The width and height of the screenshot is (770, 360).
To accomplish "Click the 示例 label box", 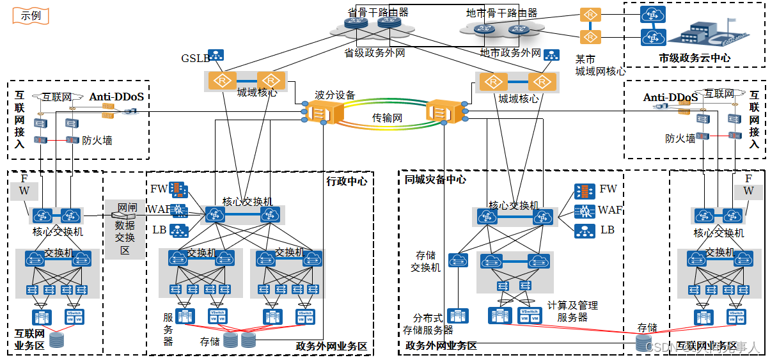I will (31, 15).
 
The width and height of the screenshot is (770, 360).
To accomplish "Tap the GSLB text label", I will (195, 58).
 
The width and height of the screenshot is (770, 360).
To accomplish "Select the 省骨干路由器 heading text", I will (378, 12).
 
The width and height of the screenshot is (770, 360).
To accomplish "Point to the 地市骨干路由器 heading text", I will (501, 13).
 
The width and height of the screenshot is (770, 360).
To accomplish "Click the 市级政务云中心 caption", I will (695, 58).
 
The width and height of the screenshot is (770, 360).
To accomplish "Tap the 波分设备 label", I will (334, 95).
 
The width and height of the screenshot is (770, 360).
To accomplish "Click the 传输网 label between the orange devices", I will (387, 118).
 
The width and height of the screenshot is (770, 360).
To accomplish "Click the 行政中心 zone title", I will (347, 181).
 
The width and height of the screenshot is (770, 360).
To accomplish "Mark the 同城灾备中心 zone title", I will (436, 180).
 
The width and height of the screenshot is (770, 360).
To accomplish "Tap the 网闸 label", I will (127, 208).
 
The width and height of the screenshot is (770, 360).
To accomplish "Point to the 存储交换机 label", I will (425, 262).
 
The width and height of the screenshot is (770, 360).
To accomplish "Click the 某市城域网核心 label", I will (600, 65).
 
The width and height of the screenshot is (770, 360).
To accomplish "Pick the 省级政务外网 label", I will (375, 53).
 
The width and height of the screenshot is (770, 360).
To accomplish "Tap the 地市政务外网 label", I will (510, 53).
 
